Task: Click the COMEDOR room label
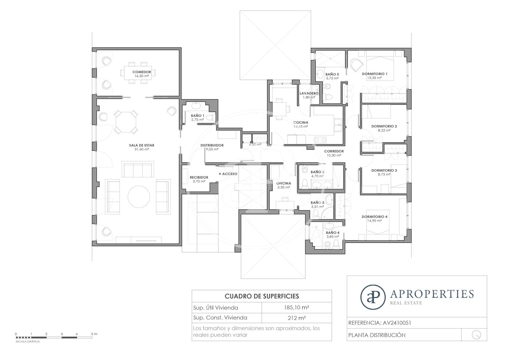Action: pyautogui.click(x=142, y=72)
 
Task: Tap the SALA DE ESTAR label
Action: pyautogui.click(x=142, y=145)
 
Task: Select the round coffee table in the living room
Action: pyautogui.click(x=139, y=197)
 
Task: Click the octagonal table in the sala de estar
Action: pyautogui.click(x=126, y=122)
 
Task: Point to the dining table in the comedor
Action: pyautogui.click(x=138, y=73)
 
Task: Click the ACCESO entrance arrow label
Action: pyautogui.click(x=228, y=174)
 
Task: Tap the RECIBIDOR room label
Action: pyautogui.click(x=199, y=177)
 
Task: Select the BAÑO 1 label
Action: pyautogui.click(x=197, y=116)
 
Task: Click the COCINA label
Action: pyautogui.click(x=301, y=122)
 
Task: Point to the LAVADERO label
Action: pyautogui.click(x=309, y=93)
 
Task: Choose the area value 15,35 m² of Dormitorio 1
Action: pyautogui.click(x=374, y=78)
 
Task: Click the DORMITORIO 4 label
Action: pyautogui.click(x=374, y=217)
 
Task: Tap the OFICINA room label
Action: pyautogui.click(x=284, y=183)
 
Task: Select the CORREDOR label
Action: pyautogui.click(x=334, y=151)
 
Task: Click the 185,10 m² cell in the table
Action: pyautogui.click(x=297, y=308)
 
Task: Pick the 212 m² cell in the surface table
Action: pyautogui.click(x=297, y=318)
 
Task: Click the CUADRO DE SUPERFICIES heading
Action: pyautogui.click(x=262, y=296)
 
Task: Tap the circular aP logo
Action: pyautogui.click(x=373, y=297)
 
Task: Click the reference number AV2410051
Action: pyautogui.click(x=397, y=323)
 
